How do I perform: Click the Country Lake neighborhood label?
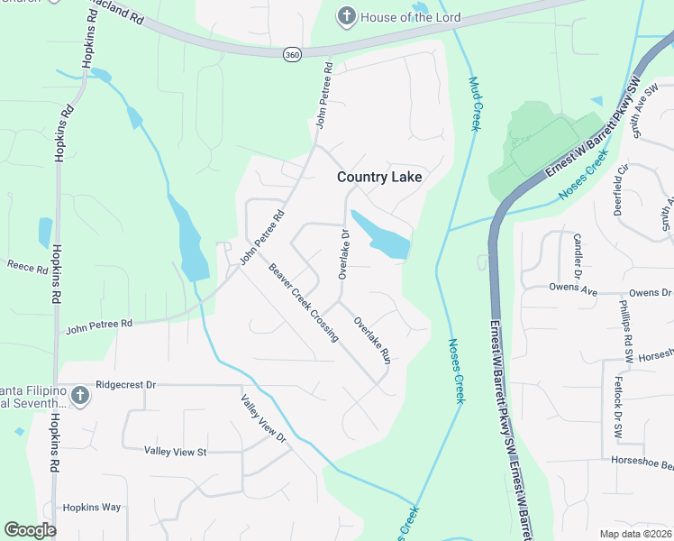(x=379, y=177)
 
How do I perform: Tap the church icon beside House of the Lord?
(x=346, y=16)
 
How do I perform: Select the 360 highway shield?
(x=291, y=55)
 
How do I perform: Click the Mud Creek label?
(x=474, y=104)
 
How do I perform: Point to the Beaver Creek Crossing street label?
(x=303, y=303)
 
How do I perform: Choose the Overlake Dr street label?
(x=343, y=253)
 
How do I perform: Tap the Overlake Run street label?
(x=371, y=340)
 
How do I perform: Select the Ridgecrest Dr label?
(x=125, y=384)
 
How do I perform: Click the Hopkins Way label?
(x=92, y=508)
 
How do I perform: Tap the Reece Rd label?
(x=26, y=266)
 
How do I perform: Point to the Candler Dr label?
(x=578, y=256)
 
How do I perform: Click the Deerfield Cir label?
(x=619, y=188)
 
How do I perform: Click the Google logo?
(x=30, y=530)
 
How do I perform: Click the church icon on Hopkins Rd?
(x=79, y=395)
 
